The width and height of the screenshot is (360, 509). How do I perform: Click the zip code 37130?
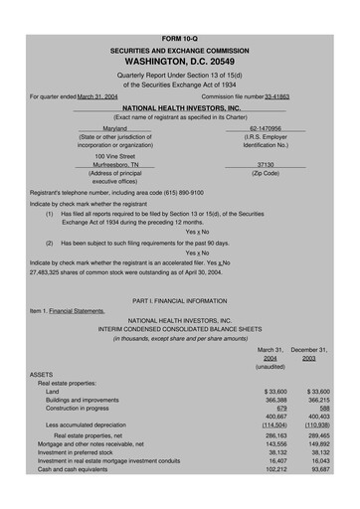[265, 165]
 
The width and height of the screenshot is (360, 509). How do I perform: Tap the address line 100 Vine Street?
[115, 155]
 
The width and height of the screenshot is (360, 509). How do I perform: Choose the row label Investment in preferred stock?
[80, 453]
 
